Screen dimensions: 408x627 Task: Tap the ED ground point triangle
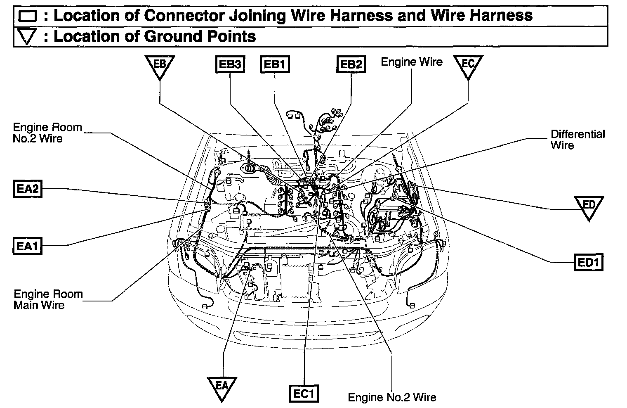tap(589, 207)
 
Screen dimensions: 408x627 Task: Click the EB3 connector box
tap(230, 64)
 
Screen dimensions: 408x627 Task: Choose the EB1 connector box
tap(275, 64)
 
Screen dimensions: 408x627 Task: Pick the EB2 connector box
tap(351, 64)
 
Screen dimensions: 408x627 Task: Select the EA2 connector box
tap(27, 189)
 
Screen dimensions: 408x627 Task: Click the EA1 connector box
tap(27, 246)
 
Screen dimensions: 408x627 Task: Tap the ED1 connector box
tap(589, 263)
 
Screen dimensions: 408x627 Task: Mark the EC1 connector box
tap(304, 394)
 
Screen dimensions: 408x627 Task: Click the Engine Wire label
tap(411, 62)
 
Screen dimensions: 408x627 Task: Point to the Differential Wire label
tap(577, 140)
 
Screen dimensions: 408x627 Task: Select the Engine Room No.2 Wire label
tap(47, 133)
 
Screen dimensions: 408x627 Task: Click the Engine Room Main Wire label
tap(48, 300)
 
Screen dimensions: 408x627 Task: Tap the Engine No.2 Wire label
tap(392, 397)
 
